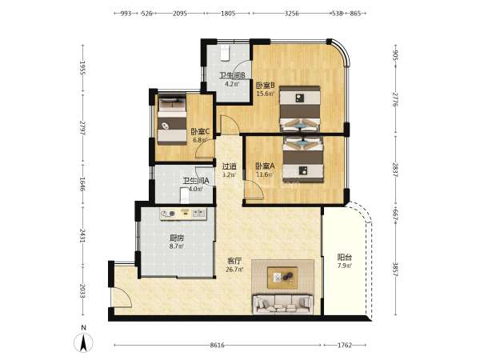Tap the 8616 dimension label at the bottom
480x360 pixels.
coord(217,345)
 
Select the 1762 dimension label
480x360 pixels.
coord(344,345)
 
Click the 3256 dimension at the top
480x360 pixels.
coord(291,13)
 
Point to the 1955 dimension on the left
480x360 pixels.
coord(82,68)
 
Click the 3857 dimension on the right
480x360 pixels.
coord(395,270)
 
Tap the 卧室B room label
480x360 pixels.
coord(265,85)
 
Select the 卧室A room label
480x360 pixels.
coord(265,166)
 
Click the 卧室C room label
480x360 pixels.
coord(200,132)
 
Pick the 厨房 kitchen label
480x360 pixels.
coord(177,238)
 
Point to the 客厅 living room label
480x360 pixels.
coord(234,261)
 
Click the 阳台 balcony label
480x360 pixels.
coord(344,258)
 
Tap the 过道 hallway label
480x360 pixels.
coord(230,166)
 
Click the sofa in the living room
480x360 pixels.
coord(282,304)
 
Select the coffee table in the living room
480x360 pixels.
coord(282,278)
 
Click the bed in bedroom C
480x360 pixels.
coord(172,120)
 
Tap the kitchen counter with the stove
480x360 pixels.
coord(183,214)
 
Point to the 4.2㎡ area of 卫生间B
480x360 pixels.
coord(231,84)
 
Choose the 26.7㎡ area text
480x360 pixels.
coord(234,270)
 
